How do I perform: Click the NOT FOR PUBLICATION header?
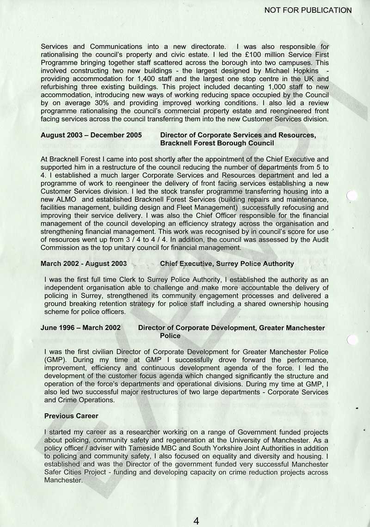point(308,10)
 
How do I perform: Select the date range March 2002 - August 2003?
point(84,263)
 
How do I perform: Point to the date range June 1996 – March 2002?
point(80,328)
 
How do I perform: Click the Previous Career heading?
point(71,416)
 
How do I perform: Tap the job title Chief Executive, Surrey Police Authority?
point(227,263)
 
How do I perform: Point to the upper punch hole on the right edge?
point(352,196)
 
